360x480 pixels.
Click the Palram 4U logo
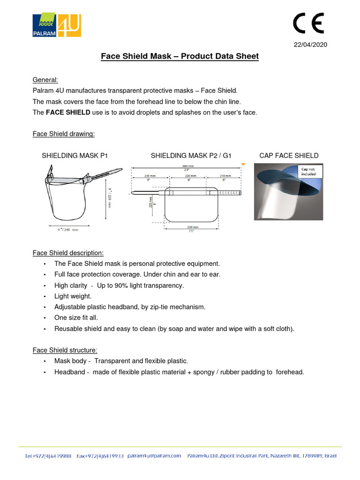(57, 25)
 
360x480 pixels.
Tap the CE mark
(308, 23)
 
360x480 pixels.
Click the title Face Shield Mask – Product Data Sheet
(180, 56)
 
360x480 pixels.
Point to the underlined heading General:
(45, 80)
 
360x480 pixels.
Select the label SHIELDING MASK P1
(75, 156)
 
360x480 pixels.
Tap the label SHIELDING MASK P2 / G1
(191, 156)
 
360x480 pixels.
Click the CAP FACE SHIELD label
(289, 156)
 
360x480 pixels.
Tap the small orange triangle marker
(242, 164)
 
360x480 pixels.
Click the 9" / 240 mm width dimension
(65, 230)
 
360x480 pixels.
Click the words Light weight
(73, 296)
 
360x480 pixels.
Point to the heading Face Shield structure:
(65, 350)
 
